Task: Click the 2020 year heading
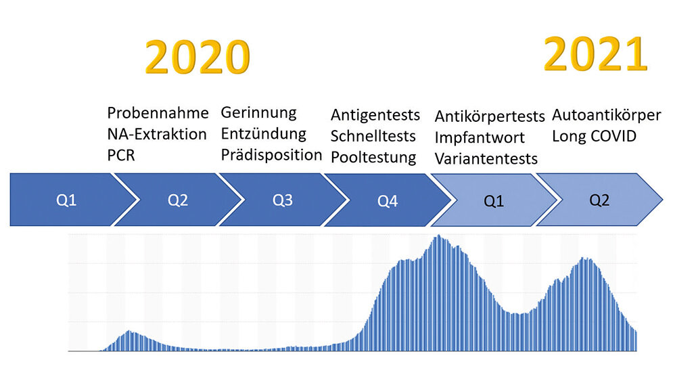coord(197,58)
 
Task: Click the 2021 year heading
coord(596,54)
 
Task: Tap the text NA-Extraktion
coord(157,134)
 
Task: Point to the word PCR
coord(121,155)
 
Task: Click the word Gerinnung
coord(259,112)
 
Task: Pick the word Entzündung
coord(264,133)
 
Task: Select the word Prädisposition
coord(271,155)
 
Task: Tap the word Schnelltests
coord(373,136)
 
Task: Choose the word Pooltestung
coord(373,158)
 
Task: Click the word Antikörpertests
coord(490,116)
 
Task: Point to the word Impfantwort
coord(480,137)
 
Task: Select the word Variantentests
coord(486,159)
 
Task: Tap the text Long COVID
coord(595,136)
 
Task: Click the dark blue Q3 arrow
coord(283,200)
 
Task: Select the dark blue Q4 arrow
coord(388,201)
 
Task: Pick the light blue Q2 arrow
coord(599,200)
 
